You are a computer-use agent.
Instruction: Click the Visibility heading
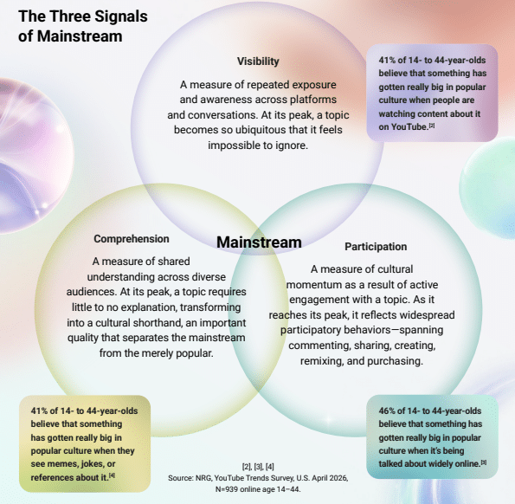(x=258, y=61)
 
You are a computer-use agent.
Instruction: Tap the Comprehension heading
(x=132, y=239)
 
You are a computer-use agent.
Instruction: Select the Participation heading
(x=376, y=247)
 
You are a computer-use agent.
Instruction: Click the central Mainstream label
(x=259, y=242)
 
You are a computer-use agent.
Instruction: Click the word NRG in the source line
(x=203, y=478)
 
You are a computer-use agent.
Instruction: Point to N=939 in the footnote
(x=227, y=489)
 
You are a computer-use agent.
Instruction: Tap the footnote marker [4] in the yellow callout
(x=112, y=475)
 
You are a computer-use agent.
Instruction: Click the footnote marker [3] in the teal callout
(x=484, y=462)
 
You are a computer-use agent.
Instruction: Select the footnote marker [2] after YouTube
(x=432, y=126)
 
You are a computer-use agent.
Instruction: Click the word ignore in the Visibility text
(x=292, y=145)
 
